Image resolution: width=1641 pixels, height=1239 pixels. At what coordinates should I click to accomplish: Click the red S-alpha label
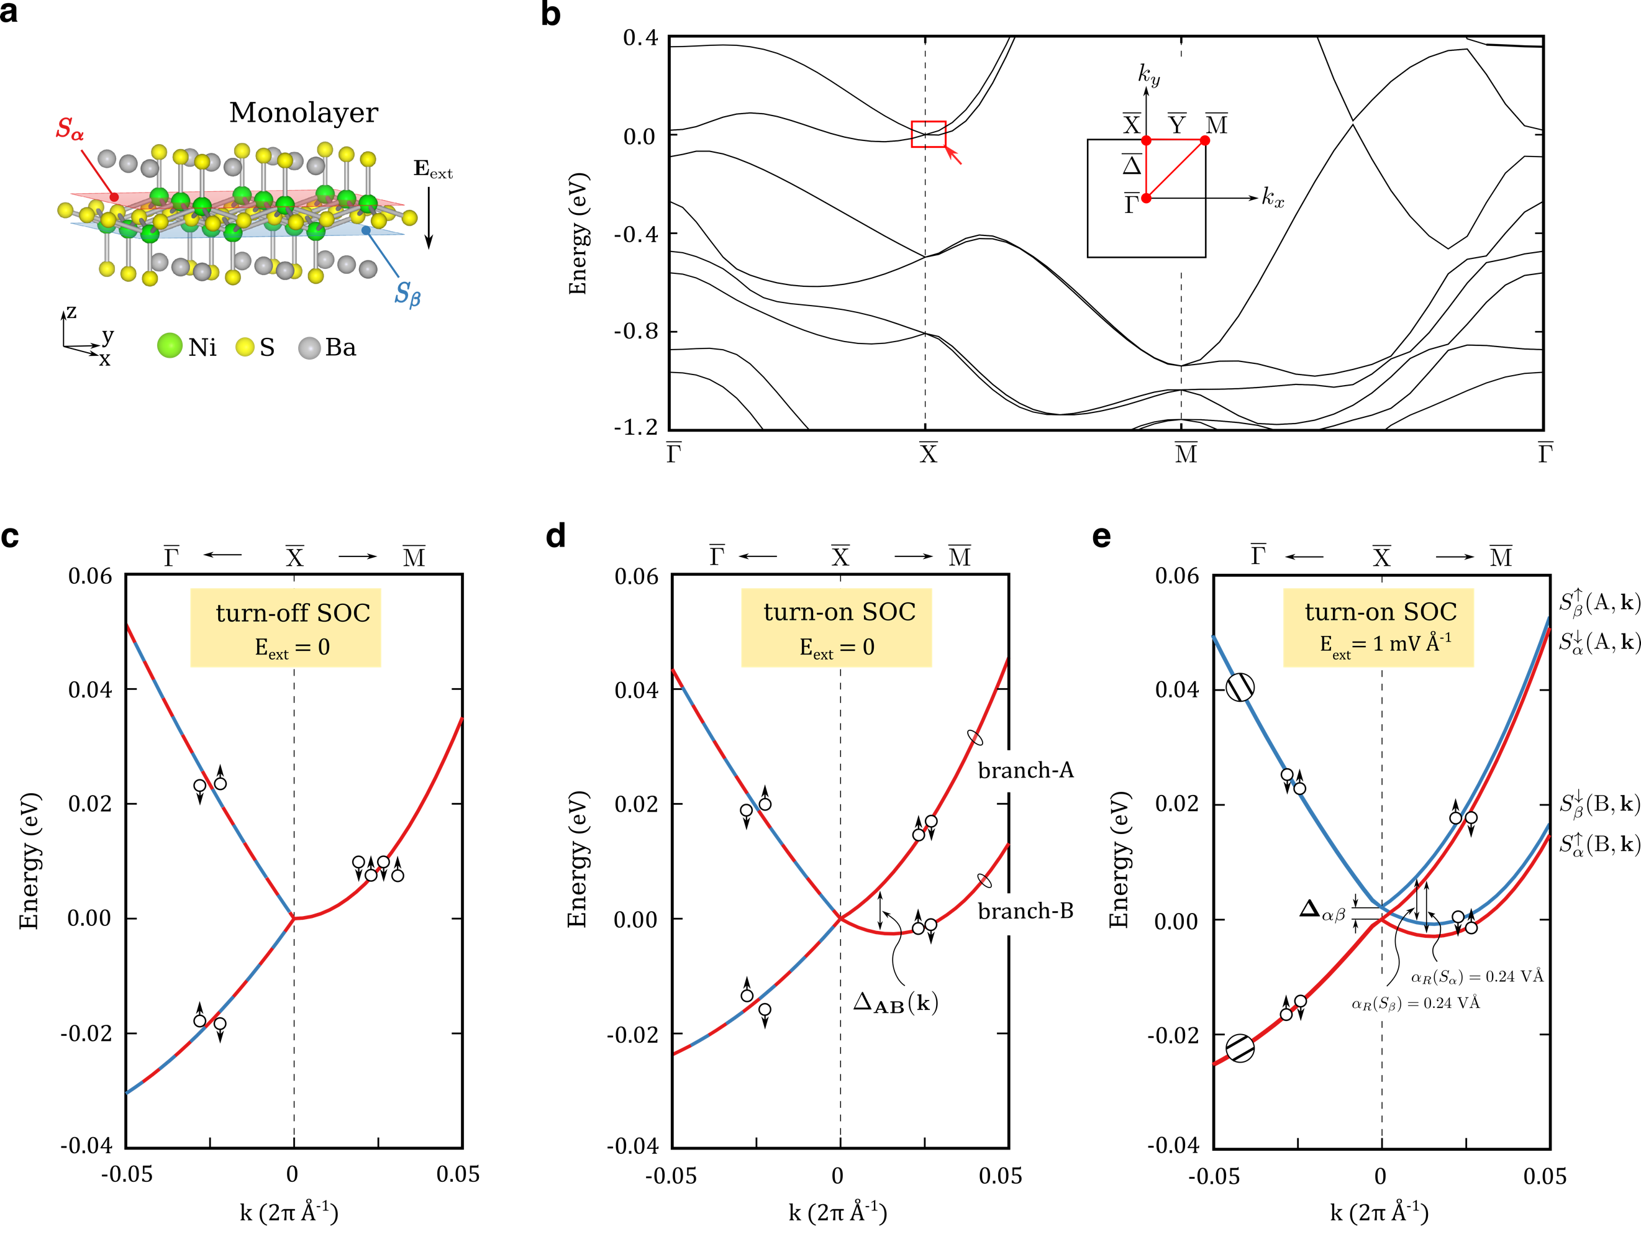(70, 129)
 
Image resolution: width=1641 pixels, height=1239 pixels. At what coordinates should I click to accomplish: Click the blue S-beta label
(407, 294)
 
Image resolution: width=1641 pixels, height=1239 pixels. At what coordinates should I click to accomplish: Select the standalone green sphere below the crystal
(170, 345)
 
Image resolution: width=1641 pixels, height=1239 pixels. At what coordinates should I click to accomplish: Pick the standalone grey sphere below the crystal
(309, 348)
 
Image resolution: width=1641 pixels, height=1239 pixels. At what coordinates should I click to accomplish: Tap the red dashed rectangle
(929, 134)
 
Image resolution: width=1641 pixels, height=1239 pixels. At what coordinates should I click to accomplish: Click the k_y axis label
(1148, 74)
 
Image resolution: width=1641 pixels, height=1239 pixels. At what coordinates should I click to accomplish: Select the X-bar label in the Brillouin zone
(1131, 124)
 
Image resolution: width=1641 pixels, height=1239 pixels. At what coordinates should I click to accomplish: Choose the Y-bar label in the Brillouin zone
(1176, 124)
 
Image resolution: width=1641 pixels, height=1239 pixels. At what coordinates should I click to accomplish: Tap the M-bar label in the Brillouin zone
(1217, 124)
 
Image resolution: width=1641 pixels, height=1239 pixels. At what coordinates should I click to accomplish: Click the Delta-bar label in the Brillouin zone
(1131, 164)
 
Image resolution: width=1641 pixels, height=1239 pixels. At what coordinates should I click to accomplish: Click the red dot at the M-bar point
(1205, 140)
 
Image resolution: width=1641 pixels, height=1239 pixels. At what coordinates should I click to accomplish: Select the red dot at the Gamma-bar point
(1146, 198)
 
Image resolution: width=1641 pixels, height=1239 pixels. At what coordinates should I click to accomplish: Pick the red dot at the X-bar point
(1146, 140)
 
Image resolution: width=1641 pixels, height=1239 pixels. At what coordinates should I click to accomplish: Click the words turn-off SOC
(293, 613)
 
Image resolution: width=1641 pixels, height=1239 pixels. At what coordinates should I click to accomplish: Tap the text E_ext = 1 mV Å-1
(1384, 643)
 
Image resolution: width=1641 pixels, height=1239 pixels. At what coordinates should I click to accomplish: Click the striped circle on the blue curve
(1240, 687)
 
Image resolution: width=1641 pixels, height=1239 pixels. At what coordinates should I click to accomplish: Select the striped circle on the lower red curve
(1240, 1048)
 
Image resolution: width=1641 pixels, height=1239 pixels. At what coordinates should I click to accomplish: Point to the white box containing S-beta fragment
(1381, 996)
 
